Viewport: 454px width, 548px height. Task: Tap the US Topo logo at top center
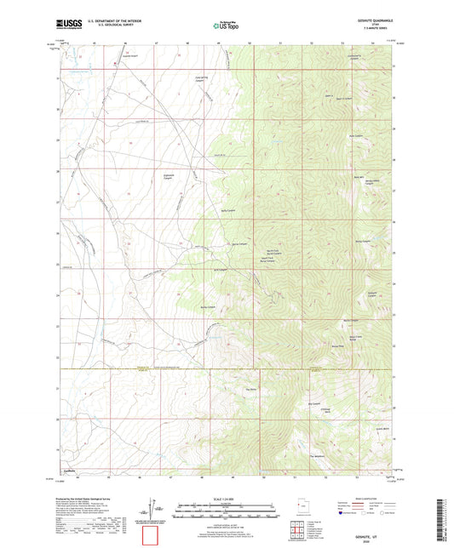pyautogui.click(x=225, y=26)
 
